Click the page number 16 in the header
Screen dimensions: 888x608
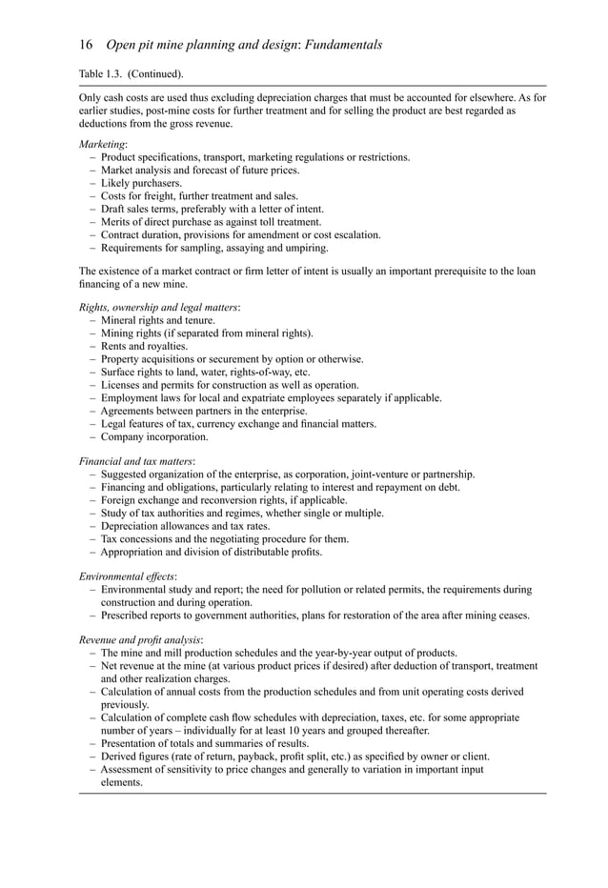tap(85, 45)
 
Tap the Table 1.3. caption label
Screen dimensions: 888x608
tap(102, 73)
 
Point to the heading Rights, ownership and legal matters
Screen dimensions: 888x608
tap(158, 308)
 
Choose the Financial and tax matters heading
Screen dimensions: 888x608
tap(136, 461)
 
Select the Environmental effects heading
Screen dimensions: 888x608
tap(127, 576)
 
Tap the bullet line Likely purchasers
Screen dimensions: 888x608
tap(141, 183)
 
